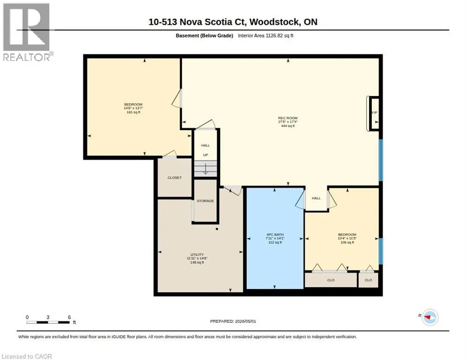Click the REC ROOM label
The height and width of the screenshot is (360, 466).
click(288, 118)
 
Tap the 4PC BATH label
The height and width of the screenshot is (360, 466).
click(275, 234)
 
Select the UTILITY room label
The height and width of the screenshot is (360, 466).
click(197, 255)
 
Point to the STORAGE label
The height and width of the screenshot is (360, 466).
click(205, 201)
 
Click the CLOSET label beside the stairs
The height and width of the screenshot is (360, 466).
click(174, 178)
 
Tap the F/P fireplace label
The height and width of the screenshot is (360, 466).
click(375, 112)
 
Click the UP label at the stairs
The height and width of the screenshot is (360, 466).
click(205, 155)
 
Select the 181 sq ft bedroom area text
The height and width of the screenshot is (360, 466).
click(134, 112)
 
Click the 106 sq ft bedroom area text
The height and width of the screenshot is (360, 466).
click(347, 242)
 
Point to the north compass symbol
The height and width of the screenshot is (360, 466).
click(430, 317)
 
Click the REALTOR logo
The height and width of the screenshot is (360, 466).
click(27, 32)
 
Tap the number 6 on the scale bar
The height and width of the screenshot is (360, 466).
click(69, 317)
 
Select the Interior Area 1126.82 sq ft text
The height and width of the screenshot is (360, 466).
click(266, 36)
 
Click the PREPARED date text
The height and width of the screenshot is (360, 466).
click(233, 321)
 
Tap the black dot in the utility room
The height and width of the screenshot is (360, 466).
click(217, 229)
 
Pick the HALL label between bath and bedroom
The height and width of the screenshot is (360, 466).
click(316, 198)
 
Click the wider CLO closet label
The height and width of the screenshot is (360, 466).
click(331, 280)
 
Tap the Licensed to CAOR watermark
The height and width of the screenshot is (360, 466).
click(27, 356)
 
